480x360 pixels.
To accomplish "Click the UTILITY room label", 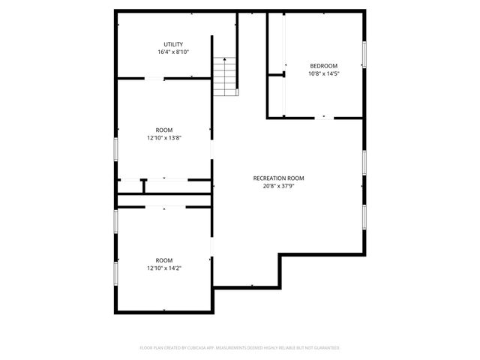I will pyautogui.click(x=173, y=44).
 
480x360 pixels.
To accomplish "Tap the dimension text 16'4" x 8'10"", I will pyautogui.click(x=173, y=52).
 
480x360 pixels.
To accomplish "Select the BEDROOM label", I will pyautogui.click(x=323, y=65).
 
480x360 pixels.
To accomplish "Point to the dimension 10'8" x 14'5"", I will pyautogui.click(x=323, y=73).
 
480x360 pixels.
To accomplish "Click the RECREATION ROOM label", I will pyautogui.click(x=278, y=178).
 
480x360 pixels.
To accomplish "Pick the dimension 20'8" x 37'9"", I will pyautogui.click(x=278, y=186).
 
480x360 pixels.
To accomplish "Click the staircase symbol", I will pyautogui.click(x=225, y=76).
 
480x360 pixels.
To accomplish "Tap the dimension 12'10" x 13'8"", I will pyautogui.click(x=163, y=138).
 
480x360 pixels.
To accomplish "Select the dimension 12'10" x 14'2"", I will pyautogui.click(x=163, y=268).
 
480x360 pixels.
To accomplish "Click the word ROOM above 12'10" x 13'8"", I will pyautogui.click(x=163, y=130).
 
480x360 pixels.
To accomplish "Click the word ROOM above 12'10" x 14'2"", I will pyautogui.click(x=163, y=259).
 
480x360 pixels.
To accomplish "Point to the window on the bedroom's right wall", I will pyautogui.click(x=365, y=54).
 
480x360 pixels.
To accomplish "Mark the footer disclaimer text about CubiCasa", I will pyautogui.click(x=240, y=348).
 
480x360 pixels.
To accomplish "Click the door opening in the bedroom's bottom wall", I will pyautogui.click(x=324, y=117).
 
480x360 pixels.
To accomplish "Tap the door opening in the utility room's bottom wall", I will pyautogui.click(x=154, y=78).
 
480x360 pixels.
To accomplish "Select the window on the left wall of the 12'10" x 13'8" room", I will pyautogui.click(x=115, y=148).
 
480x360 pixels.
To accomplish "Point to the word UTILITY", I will pyautogui.click(x=173, y=44).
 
